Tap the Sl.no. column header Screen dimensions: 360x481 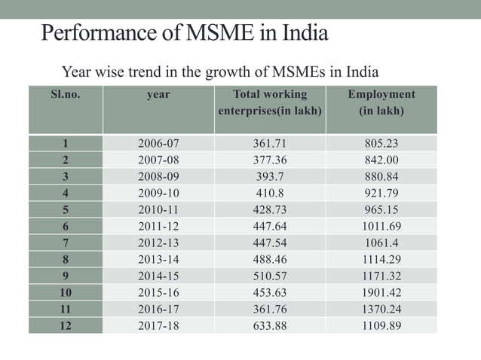[65, 95]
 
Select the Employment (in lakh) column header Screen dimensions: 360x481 [381, 102]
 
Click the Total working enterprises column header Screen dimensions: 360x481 [270, 102]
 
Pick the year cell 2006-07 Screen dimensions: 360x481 [158, 143]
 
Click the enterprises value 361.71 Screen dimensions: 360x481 [270, 143]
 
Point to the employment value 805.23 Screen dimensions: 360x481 [381, 143]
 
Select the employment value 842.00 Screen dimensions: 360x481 [381, 160]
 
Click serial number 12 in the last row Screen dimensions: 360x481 [65, 325]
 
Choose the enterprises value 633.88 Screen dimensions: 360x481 [270, 325]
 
